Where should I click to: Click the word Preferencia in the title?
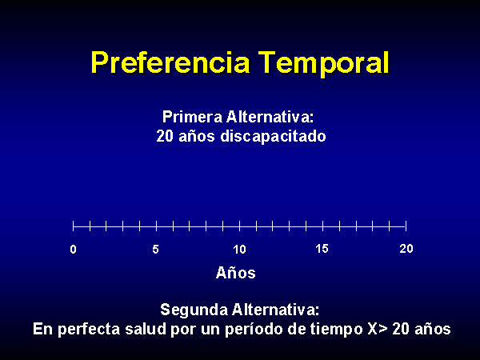tap(170, 63)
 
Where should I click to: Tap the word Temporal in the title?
tap(323, 63)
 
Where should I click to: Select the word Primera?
tap(192, 117)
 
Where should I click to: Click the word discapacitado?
tap(273, 136)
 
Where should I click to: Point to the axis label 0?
tap(73, 249)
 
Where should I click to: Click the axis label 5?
tap(155, 249)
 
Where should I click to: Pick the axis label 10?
tap(239, 249)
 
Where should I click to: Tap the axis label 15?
tap(322, 249)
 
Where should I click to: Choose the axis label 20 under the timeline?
tap(406, 248)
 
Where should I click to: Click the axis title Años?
tap(236, 273)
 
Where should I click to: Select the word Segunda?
tap(194, 310)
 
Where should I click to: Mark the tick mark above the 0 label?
tap(73, 226)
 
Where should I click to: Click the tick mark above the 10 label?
tap(240, 226)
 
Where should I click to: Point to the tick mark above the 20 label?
tap(406, 226)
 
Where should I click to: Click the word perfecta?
tap(89, 330)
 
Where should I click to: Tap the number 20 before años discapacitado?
tap(165, 136)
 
